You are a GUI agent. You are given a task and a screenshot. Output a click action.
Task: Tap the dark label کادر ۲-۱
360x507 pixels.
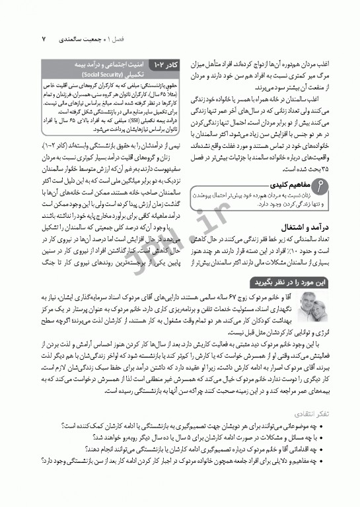click(162, 67)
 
